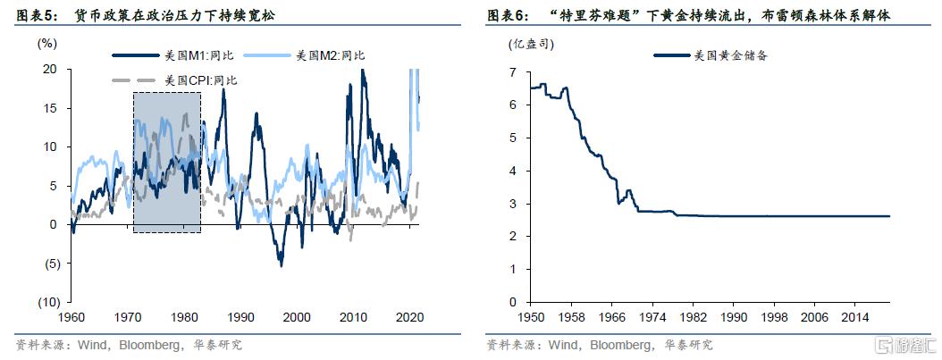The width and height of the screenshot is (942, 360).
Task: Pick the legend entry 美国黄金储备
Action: (x=731, y=55)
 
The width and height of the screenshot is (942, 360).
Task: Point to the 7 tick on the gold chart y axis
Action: (x=513, y=71)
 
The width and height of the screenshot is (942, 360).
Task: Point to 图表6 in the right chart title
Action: (x=507, y=15)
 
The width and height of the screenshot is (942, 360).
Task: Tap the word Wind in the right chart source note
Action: (x=564, y=345)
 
